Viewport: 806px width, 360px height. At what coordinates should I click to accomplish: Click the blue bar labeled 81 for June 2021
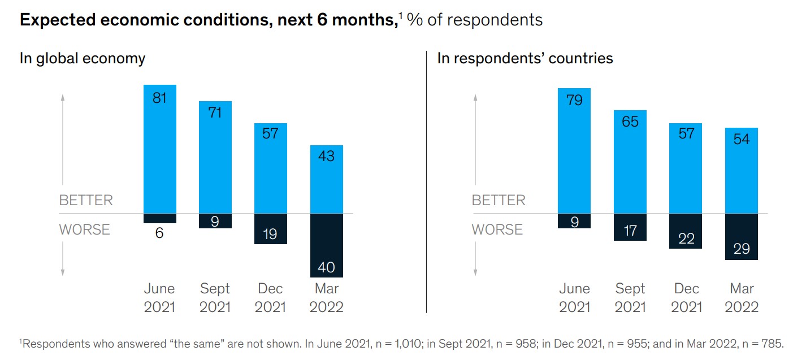tap(159, 149)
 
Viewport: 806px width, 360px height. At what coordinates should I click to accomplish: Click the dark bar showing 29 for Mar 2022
tap(741, 237)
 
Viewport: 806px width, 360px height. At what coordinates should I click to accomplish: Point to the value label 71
tap(215, 112)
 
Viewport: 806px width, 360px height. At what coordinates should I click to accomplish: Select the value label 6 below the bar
tap(159, 232)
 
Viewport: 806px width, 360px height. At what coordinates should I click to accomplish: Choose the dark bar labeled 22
tap(686, 231)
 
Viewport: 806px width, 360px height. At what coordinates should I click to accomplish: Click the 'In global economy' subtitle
tap(83, 58)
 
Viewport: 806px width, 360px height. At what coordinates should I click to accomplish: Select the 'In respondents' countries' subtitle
tap(525, 58)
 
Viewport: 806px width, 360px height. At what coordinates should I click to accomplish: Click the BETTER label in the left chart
tap(86, 201)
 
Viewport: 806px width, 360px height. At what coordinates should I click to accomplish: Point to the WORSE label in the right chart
tap(498, 229)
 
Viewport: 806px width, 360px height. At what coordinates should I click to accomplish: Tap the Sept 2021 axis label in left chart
tap(215, 297)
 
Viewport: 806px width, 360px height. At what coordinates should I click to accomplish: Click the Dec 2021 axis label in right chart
tap(686, 297)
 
